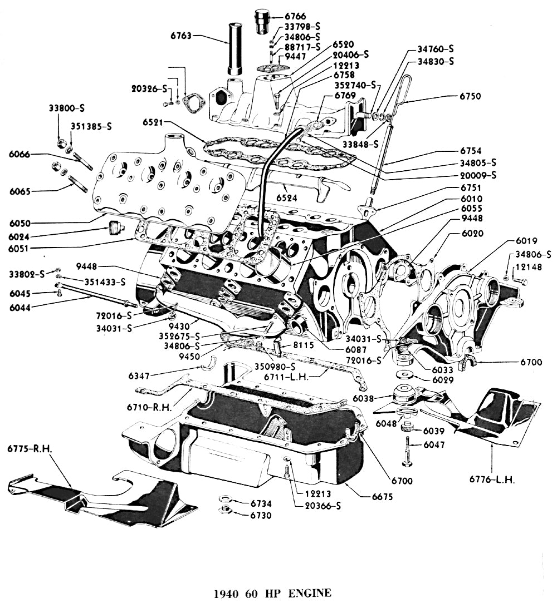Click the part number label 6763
pos(182,36)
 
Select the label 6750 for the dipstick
pos(471,96)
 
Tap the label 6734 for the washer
pos(261,503)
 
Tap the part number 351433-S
pos(105,281)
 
